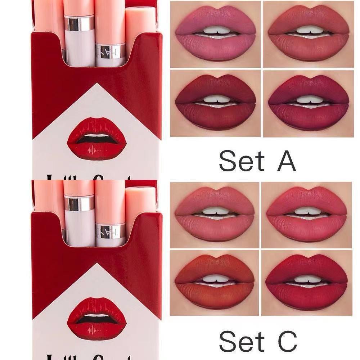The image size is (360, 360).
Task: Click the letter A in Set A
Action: pyautogui.click(x=286, y=161)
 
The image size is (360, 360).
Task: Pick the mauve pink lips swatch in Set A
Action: pyautogui.click(x=215, y=34)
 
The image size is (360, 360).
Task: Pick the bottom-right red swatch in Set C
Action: pyautogui.click(x=307, y=283)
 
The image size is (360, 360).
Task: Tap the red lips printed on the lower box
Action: pyautogui.click(x=96, y=318)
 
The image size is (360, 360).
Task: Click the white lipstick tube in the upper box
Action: pyautogui.click(x=79, y=47)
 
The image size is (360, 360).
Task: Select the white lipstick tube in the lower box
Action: pyautogui.click(x=79, y=227)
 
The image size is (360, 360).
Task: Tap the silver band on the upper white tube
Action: pyautogui.click(x=79, y=23)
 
